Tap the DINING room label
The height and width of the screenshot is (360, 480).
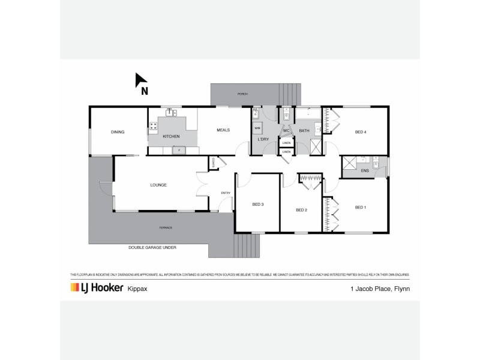(117, 132)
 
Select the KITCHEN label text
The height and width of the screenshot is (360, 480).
(171, 137)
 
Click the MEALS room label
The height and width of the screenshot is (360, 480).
(223, 130)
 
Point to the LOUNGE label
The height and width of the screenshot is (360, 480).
(158, 185)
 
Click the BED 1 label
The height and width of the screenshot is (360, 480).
(360, 208)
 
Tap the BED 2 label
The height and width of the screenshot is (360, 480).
(301, 210)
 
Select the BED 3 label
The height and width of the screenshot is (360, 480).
(258, 205)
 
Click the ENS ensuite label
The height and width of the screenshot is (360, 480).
(364, 170)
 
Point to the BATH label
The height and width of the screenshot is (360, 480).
(304, 130)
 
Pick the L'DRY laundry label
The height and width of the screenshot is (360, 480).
(262, 140)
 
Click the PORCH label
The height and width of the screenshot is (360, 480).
(242, 94)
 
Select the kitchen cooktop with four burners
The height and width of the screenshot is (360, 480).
(154, 126)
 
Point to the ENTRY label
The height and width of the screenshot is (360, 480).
(226, 193)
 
